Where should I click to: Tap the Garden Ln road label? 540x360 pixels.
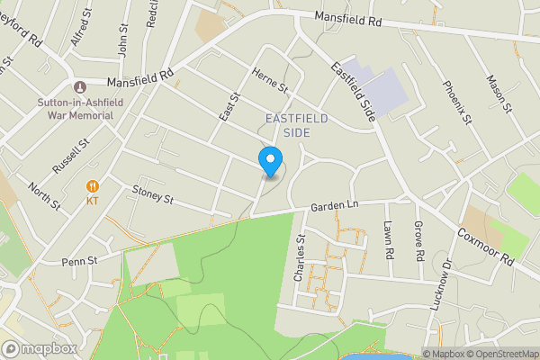pos(335,206)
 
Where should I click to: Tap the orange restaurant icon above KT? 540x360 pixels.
pos(92,186)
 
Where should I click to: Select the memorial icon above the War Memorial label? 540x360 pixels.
pos(80,86)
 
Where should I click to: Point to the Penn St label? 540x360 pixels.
pos(79,261)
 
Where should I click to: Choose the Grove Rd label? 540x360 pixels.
pos(419,243)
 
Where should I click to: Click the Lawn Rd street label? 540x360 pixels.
pos(389,241)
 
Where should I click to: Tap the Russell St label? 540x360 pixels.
pos(71,156)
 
